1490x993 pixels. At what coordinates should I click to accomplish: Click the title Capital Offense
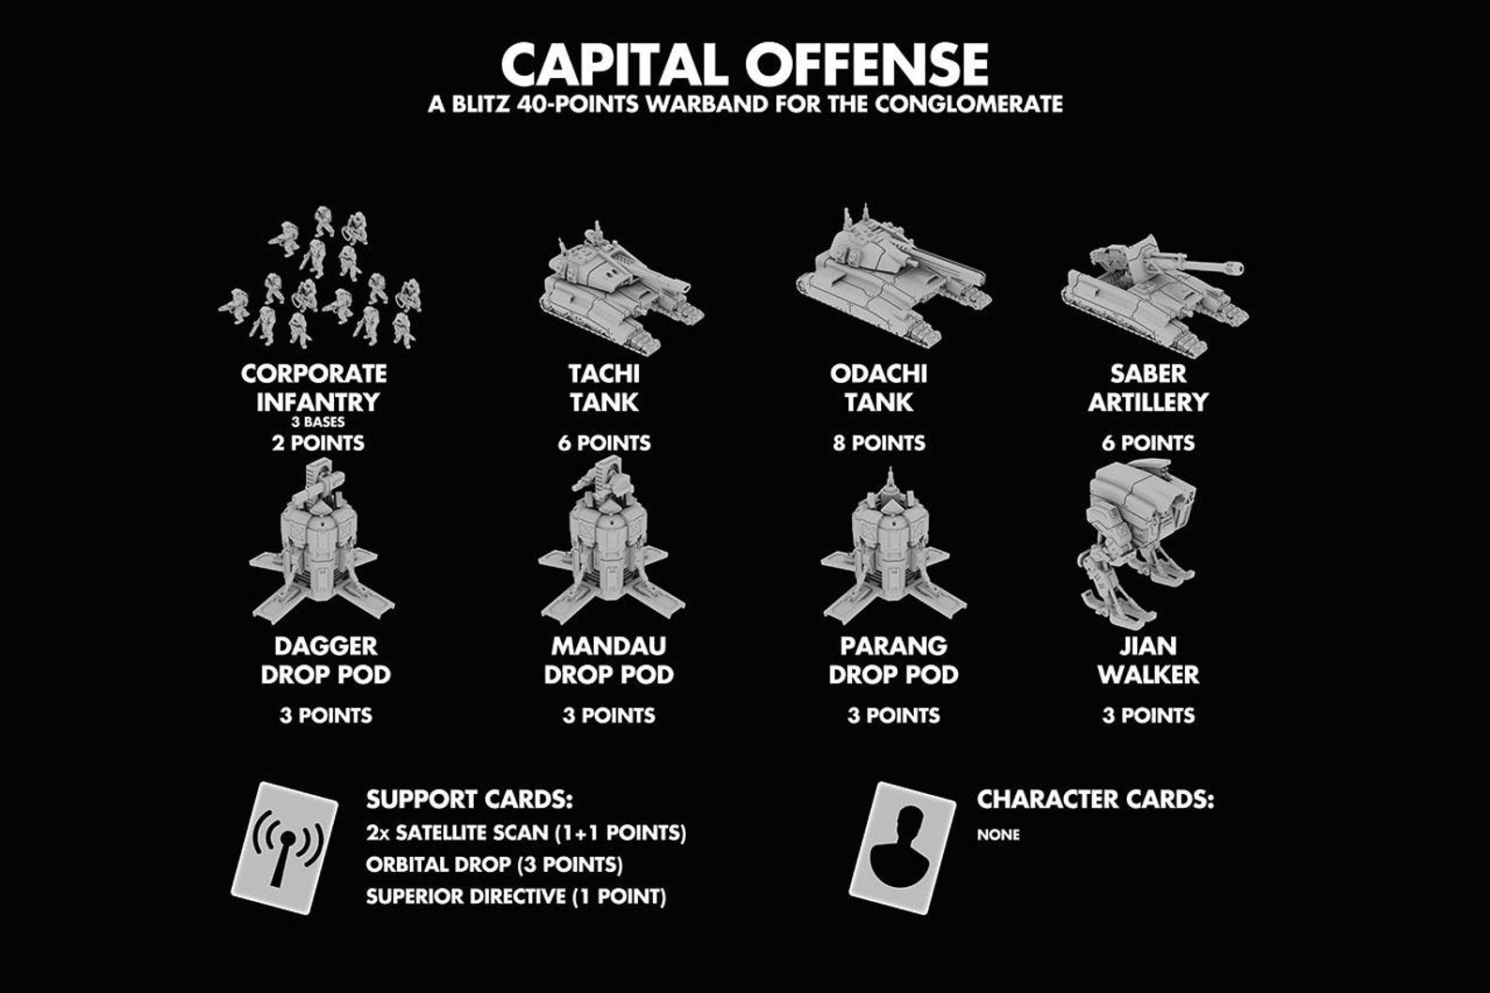pyautogui.click(x=744, y=64)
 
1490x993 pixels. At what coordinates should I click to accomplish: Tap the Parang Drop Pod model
pyautogui.click(x=891, y=554)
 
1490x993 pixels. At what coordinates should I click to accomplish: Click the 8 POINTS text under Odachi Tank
pyautogui.click(x=879, y=443)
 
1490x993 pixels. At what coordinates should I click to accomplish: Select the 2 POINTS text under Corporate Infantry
pyautogui.click(x=318, y=443)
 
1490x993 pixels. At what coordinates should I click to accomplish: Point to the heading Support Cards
pyautogui.click(x=469, y=800)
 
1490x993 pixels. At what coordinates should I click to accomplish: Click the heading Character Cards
pyautogui.click(x=1095, y=800)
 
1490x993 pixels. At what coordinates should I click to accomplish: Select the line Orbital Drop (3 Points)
pyautogui.click(x=494, y=864)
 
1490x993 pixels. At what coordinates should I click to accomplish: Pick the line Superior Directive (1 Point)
pyautogui.click(x=516, y=896)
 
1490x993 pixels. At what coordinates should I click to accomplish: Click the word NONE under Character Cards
pyautogui.click(x=998, y=834)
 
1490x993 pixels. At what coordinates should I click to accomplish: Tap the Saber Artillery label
pyautogui.click(x=1148, y=388)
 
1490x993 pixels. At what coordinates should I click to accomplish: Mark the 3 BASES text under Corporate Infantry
pyautogui.click(x=318, y=422)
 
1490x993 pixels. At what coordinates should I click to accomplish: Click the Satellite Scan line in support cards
pyautogui.click(x=526, y=833)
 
